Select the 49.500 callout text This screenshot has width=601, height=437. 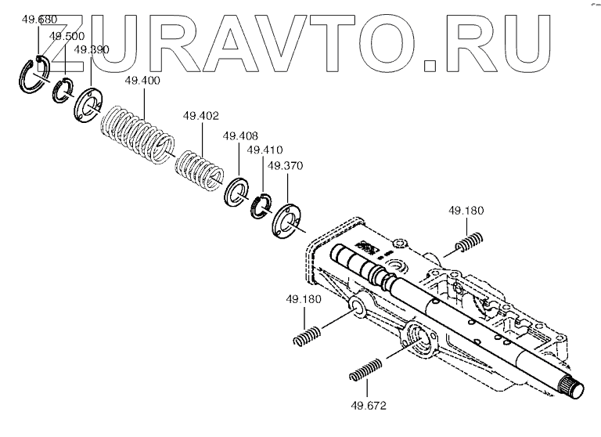coord(67,36)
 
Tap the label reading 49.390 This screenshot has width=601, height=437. coord(92,49)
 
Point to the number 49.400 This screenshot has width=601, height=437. coord(142,81)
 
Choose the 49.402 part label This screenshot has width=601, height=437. coord(200,116)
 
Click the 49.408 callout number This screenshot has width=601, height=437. coord(239,135)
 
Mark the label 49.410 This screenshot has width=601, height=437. coord(264,150)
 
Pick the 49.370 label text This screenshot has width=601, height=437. coord(286,166)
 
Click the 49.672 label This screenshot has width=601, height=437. coord(369,406)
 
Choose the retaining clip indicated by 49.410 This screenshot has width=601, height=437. coord(261,206)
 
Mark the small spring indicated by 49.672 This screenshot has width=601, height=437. coord(366,368)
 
